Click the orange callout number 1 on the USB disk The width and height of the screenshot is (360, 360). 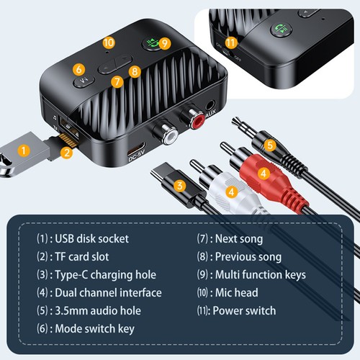coord(24,151)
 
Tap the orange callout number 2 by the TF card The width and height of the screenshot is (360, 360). coord(66,152)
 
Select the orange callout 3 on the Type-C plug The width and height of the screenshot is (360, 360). coord(180,185)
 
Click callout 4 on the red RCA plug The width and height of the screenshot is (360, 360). coord(264,173)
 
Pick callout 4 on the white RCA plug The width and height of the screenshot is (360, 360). coord(231,192)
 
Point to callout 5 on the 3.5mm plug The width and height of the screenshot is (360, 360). coord(270,145)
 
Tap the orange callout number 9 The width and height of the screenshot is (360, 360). coord(165,43)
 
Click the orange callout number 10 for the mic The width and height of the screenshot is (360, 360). coord(109,43)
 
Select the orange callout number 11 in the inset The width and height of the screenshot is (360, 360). coord(230,42)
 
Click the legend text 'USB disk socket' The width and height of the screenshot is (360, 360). coord(90,239)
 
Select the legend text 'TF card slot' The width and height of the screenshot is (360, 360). coord(83,257)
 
